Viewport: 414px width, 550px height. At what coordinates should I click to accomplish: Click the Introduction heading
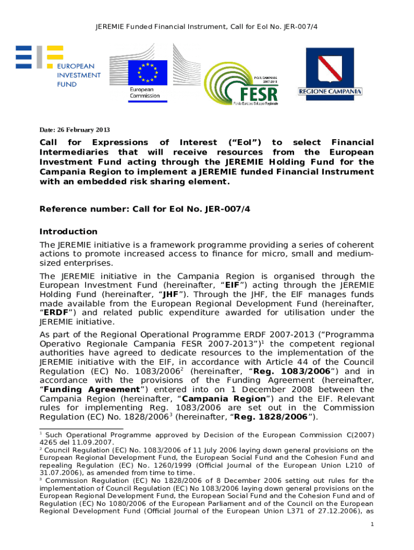[69, 231]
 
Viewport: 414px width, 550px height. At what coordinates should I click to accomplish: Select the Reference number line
[145, 208]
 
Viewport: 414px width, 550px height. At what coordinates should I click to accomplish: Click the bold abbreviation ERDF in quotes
[55, 313]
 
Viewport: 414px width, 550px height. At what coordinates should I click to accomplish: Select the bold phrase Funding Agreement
[91, 389]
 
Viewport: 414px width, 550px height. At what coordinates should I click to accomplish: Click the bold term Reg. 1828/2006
[280, 417]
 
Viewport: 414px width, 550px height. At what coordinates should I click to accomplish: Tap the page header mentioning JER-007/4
[206, 26]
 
